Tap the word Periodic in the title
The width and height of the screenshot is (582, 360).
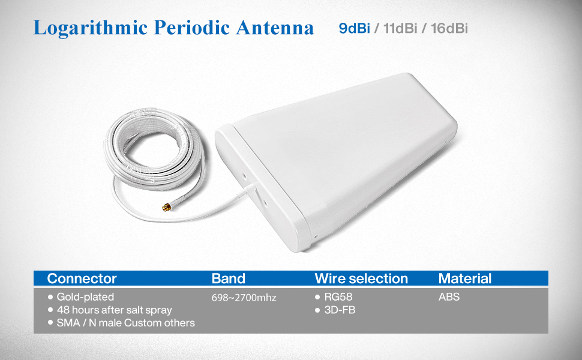pos(192,28)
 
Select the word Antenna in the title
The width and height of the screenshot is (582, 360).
pos(275,28)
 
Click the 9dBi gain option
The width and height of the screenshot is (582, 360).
pos(354,28)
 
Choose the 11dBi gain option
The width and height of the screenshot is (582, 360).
pos(400,28)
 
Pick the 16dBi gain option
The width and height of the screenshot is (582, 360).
pos(449,28)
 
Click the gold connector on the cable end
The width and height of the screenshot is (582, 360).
pos(166,207)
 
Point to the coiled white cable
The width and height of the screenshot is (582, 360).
pos(154,148)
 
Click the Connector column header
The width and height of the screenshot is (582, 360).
pos(82,278)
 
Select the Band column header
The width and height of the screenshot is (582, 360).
pos(228,278)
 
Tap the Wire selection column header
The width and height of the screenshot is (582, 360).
pos(361,278)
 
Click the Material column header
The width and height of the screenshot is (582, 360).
pos(465,278)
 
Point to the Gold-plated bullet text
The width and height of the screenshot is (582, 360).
pos(85,297)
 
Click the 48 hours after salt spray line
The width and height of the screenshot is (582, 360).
pos(115,310)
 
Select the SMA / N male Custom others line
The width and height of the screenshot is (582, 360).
pos(125,323)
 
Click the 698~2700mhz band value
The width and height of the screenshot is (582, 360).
pos(244,298)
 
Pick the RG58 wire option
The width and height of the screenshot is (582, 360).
pos(338,297)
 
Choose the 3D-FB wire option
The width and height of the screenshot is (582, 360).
pos(340,310)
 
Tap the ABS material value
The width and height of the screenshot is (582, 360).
pos(449,297)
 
